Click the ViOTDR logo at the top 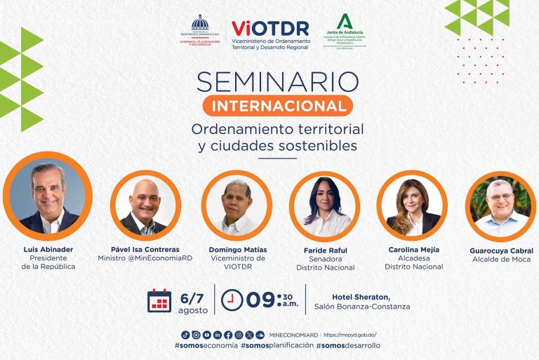point(270,34)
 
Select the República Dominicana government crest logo point(200,31)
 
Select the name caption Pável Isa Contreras point(145,249)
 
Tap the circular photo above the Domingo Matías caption point(237,205)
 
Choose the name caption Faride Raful point(325,250)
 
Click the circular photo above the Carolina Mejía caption point(412,205)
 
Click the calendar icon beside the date point(159,300)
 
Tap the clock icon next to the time point(232,300)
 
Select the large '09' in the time point(259,300)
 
